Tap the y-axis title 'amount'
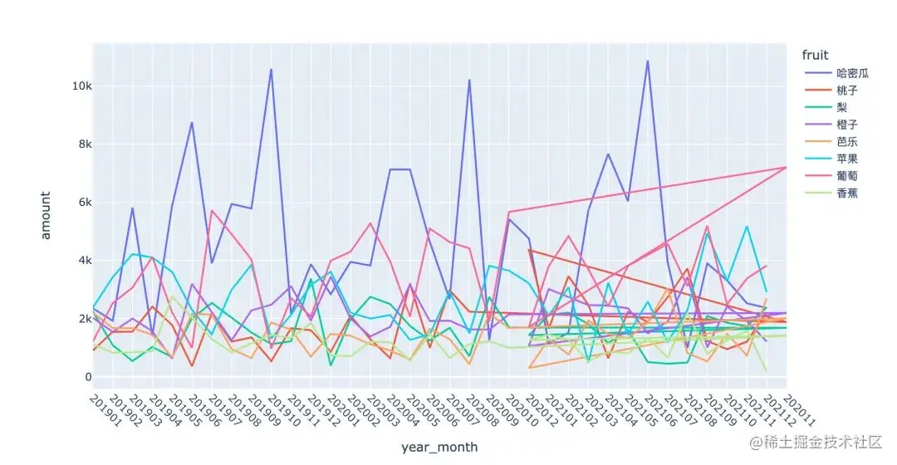[46, 215]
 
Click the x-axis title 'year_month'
[439, 447]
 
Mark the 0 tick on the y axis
[85, 377]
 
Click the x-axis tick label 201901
[103, 409]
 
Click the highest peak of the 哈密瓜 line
[648, 61]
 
